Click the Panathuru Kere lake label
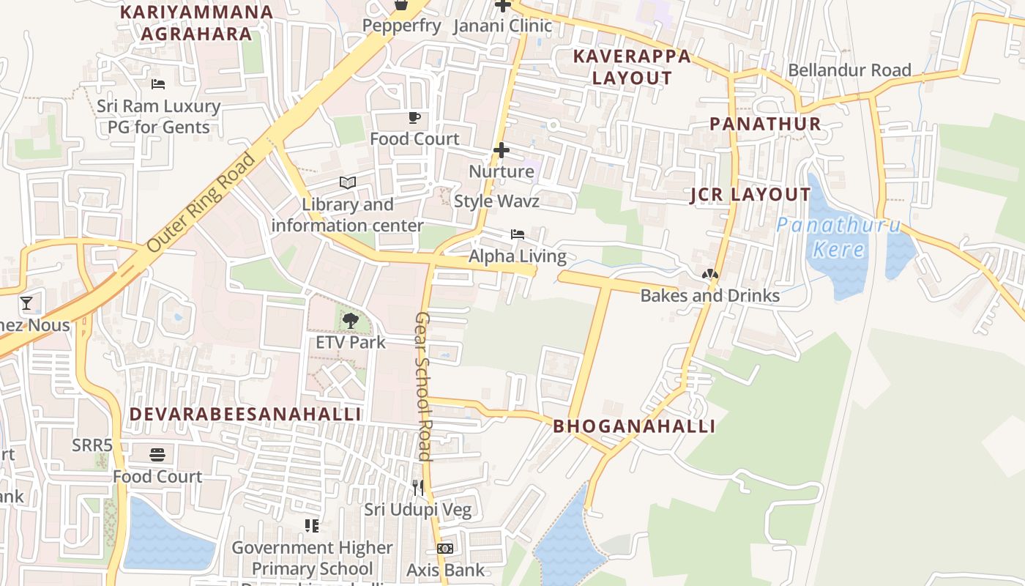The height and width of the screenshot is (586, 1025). pos(838,237)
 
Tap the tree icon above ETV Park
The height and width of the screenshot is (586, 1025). pos(351,320)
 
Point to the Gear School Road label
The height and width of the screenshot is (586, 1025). pos(423,385)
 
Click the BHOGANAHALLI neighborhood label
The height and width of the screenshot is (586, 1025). pos(634,426)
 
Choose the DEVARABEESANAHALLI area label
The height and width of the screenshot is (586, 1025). pos(245,414)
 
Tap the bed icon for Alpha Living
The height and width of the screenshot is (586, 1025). pos(518,234)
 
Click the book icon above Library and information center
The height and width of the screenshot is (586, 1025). pos(348,182)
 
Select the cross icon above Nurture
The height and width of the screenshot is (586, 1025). pos(502,150)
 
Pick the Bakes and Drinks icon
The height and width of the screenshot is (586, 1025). pos(709,275)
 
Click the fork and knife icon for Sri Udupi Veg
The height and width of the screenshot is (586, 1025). pos(418,487)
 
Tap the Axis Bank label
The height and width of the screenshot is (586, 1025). pos(445,570)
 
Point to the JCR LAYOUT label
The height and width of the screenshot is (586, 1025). pos(750,195)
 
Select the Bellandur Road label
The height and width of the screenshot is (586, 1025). pos(849,70)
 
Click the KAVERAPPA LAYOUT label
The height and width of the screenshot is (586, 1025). pos(632,67)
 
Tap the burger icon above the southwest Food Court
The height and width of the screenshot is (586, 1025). pos(157,455)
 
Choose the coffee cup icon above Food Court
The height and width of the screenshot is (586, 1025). pos(414,117)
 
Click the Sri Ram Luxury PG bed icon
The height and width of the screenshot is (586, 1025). pos(158,84)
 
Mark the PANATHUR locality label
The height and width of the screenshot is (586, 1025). pos(765,124)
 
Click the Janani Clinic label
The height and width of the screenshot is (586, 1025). pos(502,26)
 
